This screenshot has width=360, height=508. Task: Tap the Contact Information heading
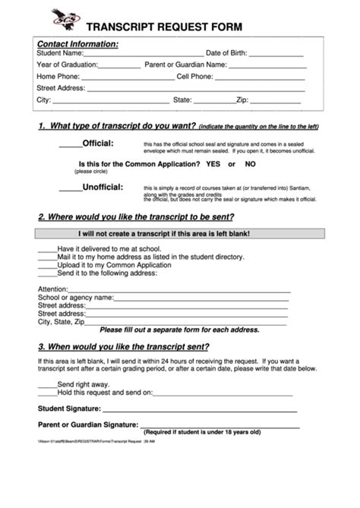pyautogui.click(x=77, y=44)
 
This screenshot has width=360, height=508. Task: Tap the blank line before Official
pyautogui.click(x=69, y=145)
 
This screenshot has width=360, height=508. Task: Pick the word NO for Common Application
pyautogui.click(x=250, y=164)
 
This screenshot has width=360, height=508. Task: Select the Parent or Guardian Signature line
pyautogui.click(x=227, y=425)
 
